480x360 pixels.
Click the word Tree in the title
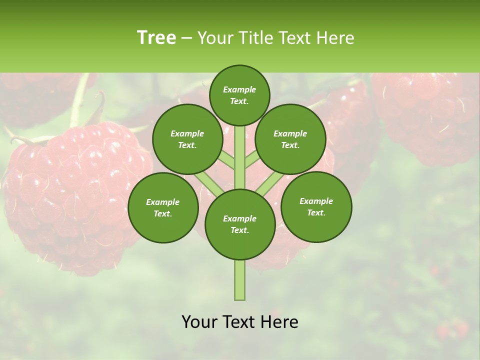156,38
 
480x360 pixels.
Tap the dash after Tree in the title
186,38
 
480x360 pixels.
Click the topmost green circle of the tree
239,95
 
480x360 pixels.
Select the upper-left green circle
187,139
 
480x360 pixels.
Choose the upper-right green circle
290,139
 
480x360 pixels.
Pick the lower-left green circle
163,207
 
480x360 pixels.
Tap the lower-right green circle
316,206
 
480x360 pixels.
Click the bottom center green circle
240,224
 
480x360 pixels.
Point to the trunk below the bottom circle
240,280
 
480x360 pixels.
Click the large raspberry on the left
75,200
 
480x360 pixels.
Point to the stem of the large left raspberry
80,100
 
